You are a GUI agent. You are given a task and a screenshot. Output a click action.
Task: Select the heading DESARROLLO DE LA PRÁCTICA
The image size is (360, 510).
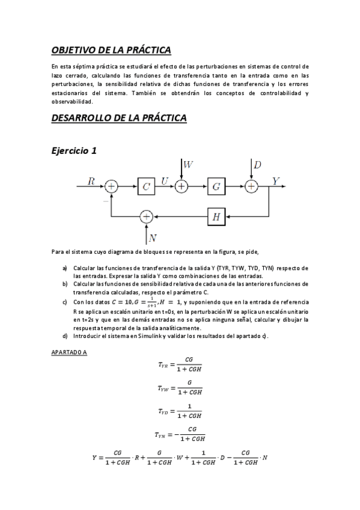(x=119, y=118)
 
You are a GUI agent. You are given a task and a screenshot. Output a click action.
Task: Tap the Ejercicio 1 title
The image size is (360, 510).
(x=74, y=152)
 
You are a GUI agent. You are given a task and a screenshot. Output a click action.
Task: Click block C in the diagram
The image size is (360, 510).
(x=146, y=187)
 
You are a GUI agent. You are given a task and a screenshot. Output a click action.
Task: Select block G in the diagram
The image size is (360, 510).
(x=216, y=187)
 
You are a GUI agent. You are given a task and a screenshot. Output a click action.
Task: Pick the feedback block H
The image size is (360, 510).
(x=216, y=216)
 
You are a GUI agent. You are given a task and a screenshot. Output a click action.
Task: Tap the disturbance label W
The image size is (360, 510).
(x=188, y=164)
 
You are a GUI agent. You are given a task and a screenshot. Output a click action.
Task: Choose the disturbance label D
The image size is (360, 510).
(x=257, y=164)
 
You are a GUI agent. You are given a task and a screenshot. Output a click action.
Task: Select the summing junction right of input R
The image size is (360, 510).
(x=111, y=187)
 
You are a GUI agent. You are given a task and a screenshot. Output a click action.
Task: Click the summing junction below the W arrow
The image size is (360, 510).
(x=182, y=187)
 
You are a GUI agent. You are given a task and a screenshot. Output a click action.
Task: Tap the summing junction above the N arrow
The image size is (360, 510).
(x=146, y=216)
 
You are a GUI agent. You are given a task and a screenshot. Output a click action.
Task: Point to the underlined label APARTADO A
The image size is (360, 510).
(x=69, y=352)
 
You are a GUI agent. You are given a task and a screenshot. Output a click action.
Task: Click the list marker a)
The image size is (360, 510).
(x=64, y=268)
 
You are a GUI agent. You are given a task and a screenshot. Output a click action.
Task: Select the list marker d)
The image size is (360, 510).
(x=64, y=336)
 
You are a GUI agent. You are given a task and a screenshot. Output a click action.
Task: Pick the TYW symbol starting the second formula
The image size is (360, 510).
(x=164, y=389)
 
